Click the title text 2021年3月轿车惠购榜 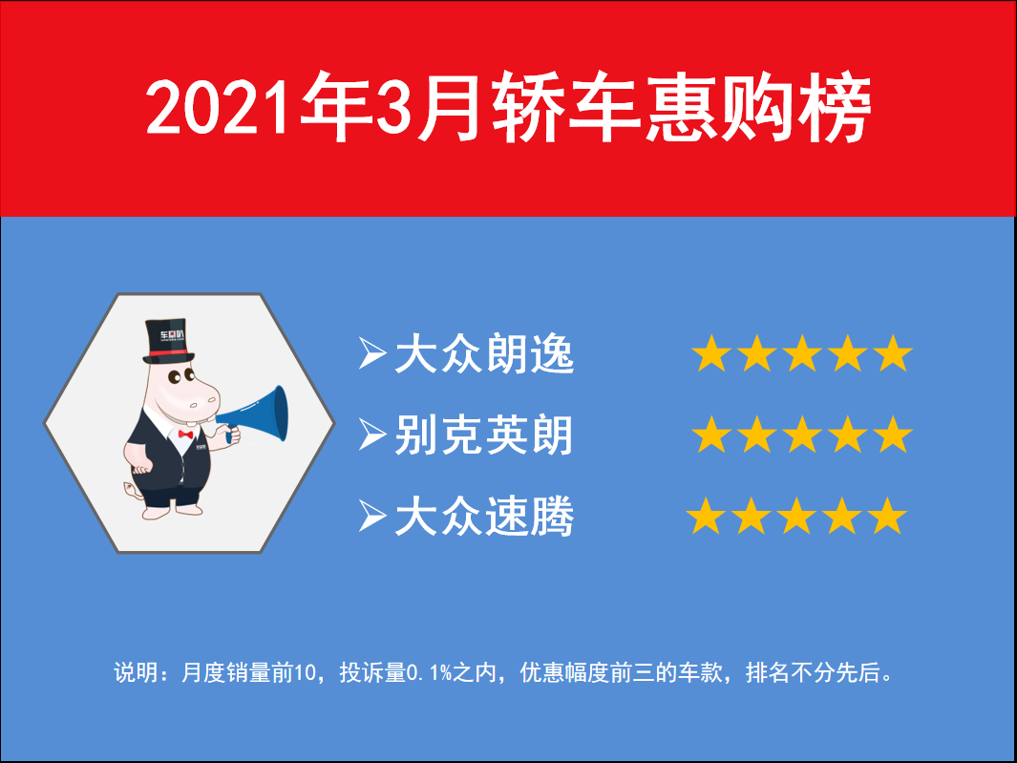tap(508, 108)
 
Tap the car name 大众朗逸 tap(484, 353)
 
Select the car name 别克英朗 tap(484, 434)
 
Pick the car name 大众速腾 tap(484, 517)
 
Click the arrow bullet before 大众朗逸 tap(372, 353)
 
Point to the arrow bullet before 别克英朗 tap(372, 434)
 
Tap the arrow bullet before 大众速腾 tap(372, 517)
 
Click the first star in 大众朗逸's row tap(711, 353)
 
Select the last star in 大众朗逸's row tap(893, 353)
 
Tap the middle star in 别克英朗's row tap(802, 434)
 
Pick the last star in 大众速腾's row tap(887, 517)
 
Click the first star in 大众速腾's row tap(706, 517)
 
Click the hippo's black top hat tap(168, 341)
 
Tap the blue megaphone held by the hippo tap(256, 415)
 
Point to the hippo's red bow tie tap(185, 434)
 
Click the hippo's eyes tap(180, 375)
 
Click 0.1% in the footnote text tap(429, 672)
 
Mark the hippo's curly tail tap(133, 490)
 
